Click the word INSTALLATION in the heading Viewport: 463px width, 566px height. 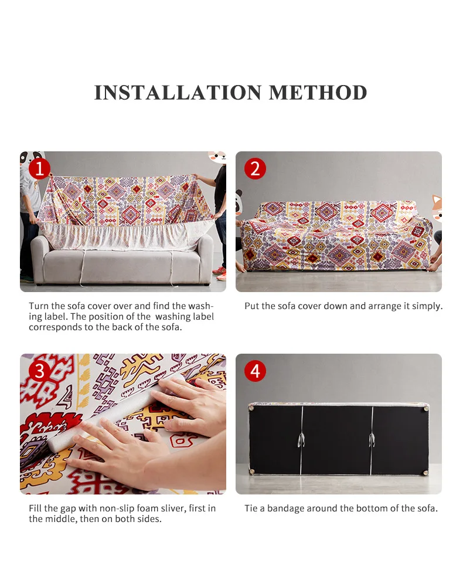point(178,93)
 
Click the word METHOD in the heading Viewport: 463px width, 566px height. point(318,93)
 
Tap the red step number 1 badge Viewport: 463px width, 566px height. point(39,168)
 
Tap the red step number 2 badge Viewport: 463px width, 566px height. point(255,168)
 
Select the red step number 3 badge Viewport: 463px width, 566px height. point(39,371)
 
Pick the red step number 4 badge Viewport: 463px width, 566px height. point(255,371)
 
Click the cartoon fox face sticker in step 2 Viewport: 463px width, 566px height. point(437,209)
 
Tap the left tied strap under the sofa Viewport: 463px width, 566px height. point(301,440)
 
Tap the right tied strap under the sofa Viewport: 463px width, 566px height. point(372,440)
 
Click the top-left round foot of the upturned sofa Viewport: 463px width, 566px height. point(251,408)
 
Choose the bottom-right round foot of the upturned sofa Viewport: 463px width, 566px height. point(426,472)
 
